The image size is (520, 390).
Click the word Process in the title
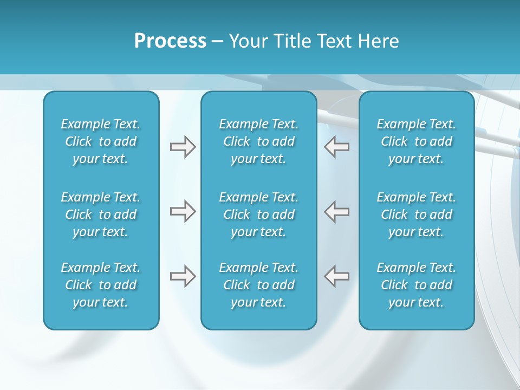pyautogui.click(x=170, y=41)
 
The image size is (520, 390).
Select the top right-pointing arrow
pyautogui.click(x=183, y=147)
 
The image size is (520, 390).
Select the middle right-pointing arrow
pyautogui.click(x=183, y=211)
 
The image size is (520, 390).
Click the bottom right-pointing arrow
pyautogui.click(x=183, y=276)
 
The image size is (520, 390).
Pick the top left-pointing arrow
pyautogui.click(x=336, y=147)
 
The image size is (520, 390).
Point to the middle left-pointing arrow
pyautogui.click(x=336, y=211)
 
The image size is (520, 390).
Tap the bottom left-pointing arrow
pyautogui.click(x=336, y=276)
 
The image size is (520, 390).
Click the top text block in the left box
pyautogui.click(x=101, y=141)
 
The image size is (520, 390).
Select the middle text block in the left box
pyautogui.click(x=101, y=214)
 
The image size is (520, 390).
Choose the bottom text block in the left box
pyautogui.click(x=101, y=285)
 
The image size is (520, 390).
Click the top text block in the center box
pyautogui.click(x=258, y=141)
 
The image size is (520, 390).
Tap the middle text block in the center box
pyautogui.click(x=258, y=214)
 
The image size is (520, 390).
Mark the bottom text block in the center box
pyautogui.click(x=258, y=285)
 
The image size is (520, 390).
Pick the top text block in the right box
pyautogui.click(x=416, y=141)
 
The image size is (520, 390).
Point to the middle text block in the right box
pyautogui.click(x=416, y=214)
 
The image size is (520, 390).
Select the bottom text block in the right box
pyautogui.click(x=416, y=285)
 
